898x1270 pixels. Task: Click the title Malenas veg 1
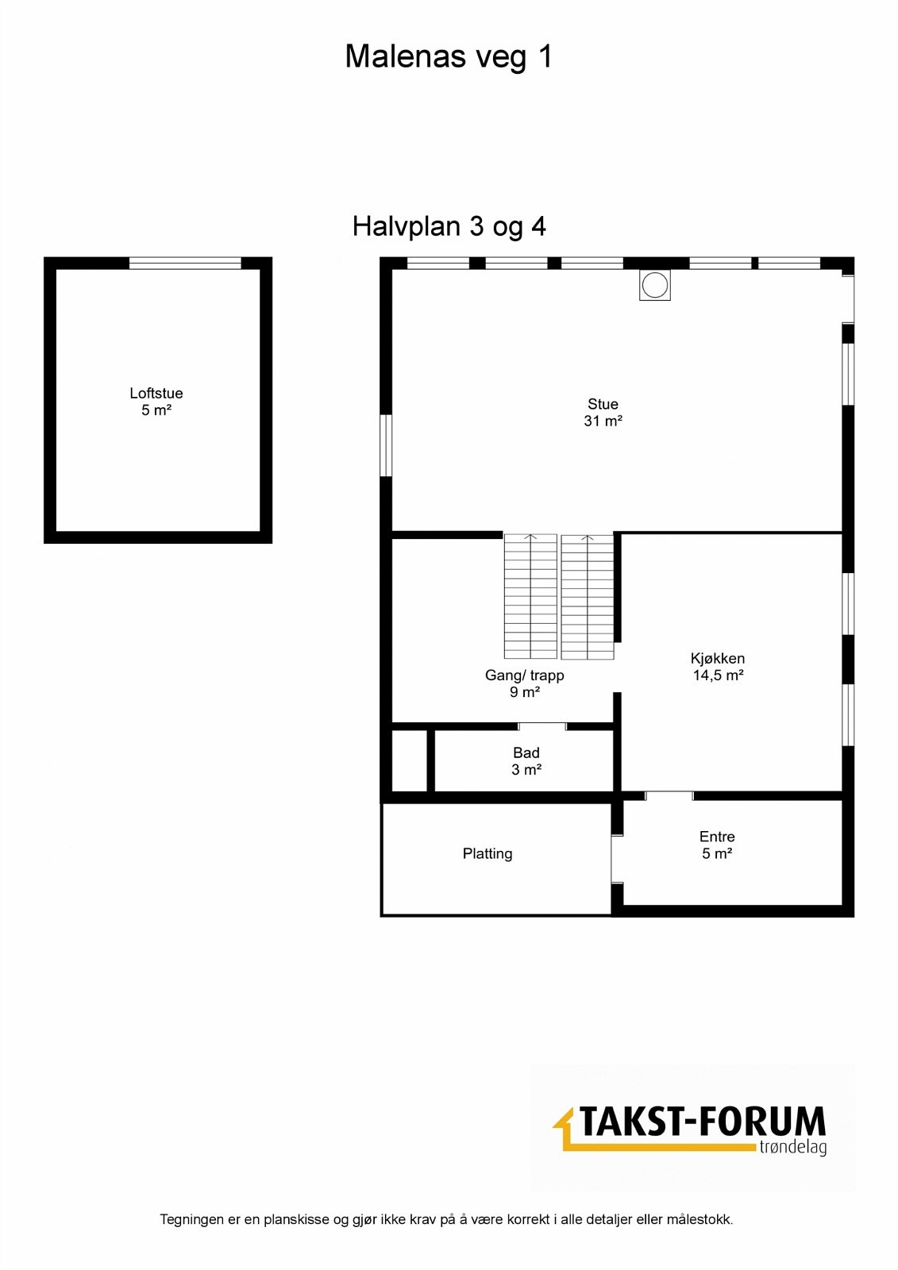449,57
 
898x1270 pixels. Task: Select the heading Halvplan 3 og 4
449,226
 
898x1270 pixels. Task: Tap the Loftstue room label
156,393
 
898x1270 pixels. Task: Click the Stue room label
603,404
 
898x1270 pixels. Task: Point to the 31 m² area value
603,421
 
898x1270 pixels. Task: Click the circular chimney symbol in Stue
655,285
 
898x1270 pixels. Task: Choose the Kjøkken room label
718,658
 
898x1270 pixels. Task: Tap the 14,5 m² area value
718,675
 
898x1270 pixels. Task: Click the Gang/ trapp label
525,675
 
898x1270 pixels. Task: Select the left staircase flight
530,596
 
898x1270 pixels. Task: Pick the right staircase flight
588,596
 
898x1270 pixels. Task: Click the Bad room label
526,752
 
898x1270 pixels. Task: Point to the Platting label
488,853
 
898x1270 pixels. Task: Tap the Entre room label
717,837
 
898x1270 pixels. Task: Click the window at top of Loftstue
185,263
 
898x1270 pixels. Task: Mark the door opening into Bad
542,725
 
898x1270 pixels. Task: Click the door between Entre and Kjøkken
669,795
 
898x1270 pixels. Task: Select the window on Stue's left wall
386,445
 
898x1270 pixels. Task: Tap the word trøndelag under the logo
792,1147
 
